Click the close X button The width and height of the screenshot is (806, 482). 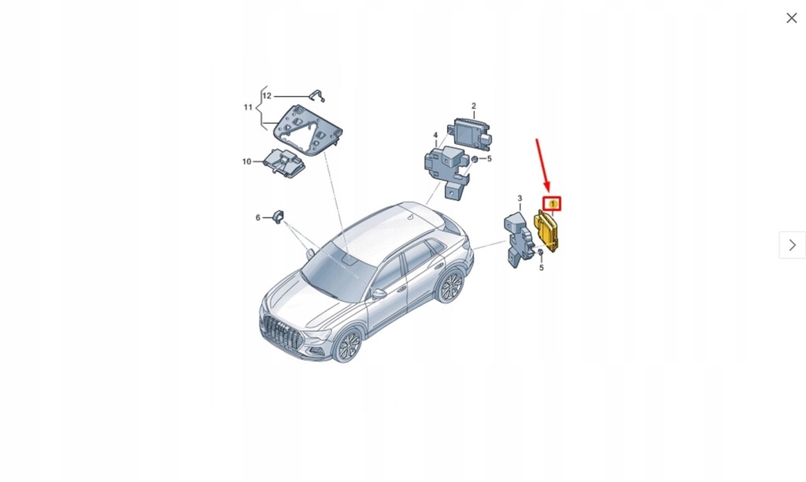click(x=791, y=18)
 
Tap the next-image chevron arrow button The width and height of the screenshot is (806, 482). click(x=792, y=245)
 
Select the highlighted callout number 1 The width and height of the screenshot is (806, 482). click(x=553, y=204)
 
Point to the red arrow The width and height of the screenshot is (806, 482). click(x=543, y=165)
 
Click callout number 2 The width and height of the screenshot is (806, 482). click(x=474, y=106)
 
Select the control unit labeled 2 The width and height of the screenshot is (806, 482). click(x=471, y=133)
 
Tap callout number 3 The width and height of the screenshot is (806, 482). click(x=519, y=198)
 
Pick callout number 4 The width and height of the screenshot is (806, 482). click(x=434, y=135)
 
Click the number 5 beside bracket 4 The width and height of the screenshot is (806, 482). click(x=489, y=159)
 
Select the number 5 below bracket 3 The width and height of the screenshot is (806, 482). click(x=542, y=268)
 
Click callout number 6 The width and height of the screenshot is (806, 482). click(x=257, y=217)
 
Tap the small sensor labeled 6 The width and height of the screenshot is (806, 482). click(x=279, y=217)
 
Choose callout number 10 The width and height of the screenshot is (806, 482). click(x=246, y=161)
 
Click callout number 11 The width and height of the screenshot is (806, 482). click(x=248, y=107)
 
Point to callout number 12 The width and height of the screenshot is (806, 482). click(x=267, y=96)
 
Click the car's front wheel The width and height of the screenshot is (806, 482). click(x=346, y=344)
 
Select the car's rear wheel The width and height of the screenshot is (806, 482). click(x=450, y=286)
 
